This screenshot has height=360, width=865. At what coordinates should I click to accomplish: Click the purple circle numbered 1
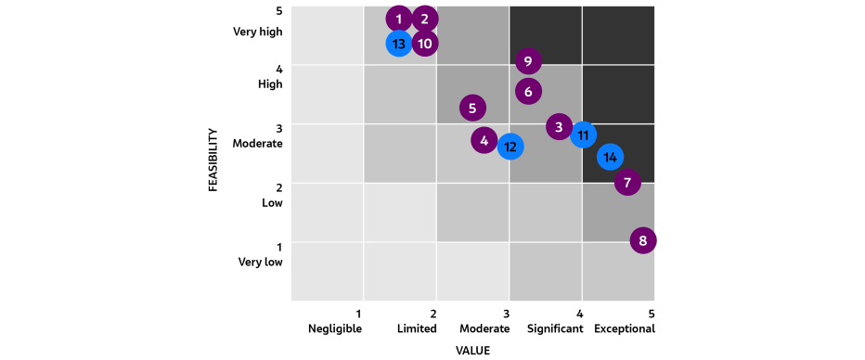[x=399, y=19]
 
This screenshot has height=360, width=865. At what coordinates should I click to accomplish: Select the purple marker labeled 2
[x=425, y=19]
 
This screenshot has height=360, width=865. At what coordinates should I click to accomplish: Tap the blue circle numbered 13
[x=399, y=44]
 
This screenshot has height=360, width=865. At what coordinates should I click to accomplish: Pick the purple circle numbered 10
[x=425, y=44]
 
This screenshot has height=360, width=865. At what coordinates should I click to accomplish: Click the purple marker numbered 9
[x=528, y=62]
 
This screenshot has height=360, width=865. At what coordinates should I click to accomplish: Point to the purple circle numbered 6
[x=528, y=92]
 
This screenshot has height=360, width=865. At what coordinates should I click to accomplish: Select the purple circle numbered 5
[x=472, y=109]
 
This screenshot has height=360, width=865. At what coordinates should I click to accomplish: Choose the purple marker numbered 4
[x=484, y=141]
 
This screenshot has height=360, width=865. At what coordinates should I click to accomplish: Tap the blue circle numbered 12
[x=510, y=147]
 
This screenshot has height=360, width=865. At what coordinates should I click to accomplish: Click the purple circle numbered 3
[x=559, y=127]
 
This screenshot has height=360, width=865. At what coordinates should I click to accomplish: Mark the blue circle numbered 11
[x=584, y=135]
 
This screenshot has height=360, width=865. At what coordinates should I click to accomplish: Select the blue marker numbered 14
[x=610, y=157]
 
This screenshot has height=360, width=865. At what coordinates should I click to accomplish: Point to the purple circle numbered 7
[x=628, y=182]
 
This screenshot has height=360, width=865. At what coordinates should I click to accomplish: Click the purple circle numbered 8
[x=642, y=241]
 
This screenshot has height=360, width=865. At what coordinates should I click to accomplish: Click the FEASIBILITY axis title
[x=213, y=160]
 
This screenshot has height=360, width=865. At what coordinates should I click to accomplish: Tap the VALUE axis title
[x=472, y=351]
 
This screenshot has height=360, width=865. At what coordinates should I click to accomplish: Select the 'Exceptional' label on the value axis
[x=625, y=328]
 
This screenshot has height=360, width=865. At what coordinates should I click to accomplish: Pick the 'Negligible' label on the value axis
[x=335, y=328]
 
